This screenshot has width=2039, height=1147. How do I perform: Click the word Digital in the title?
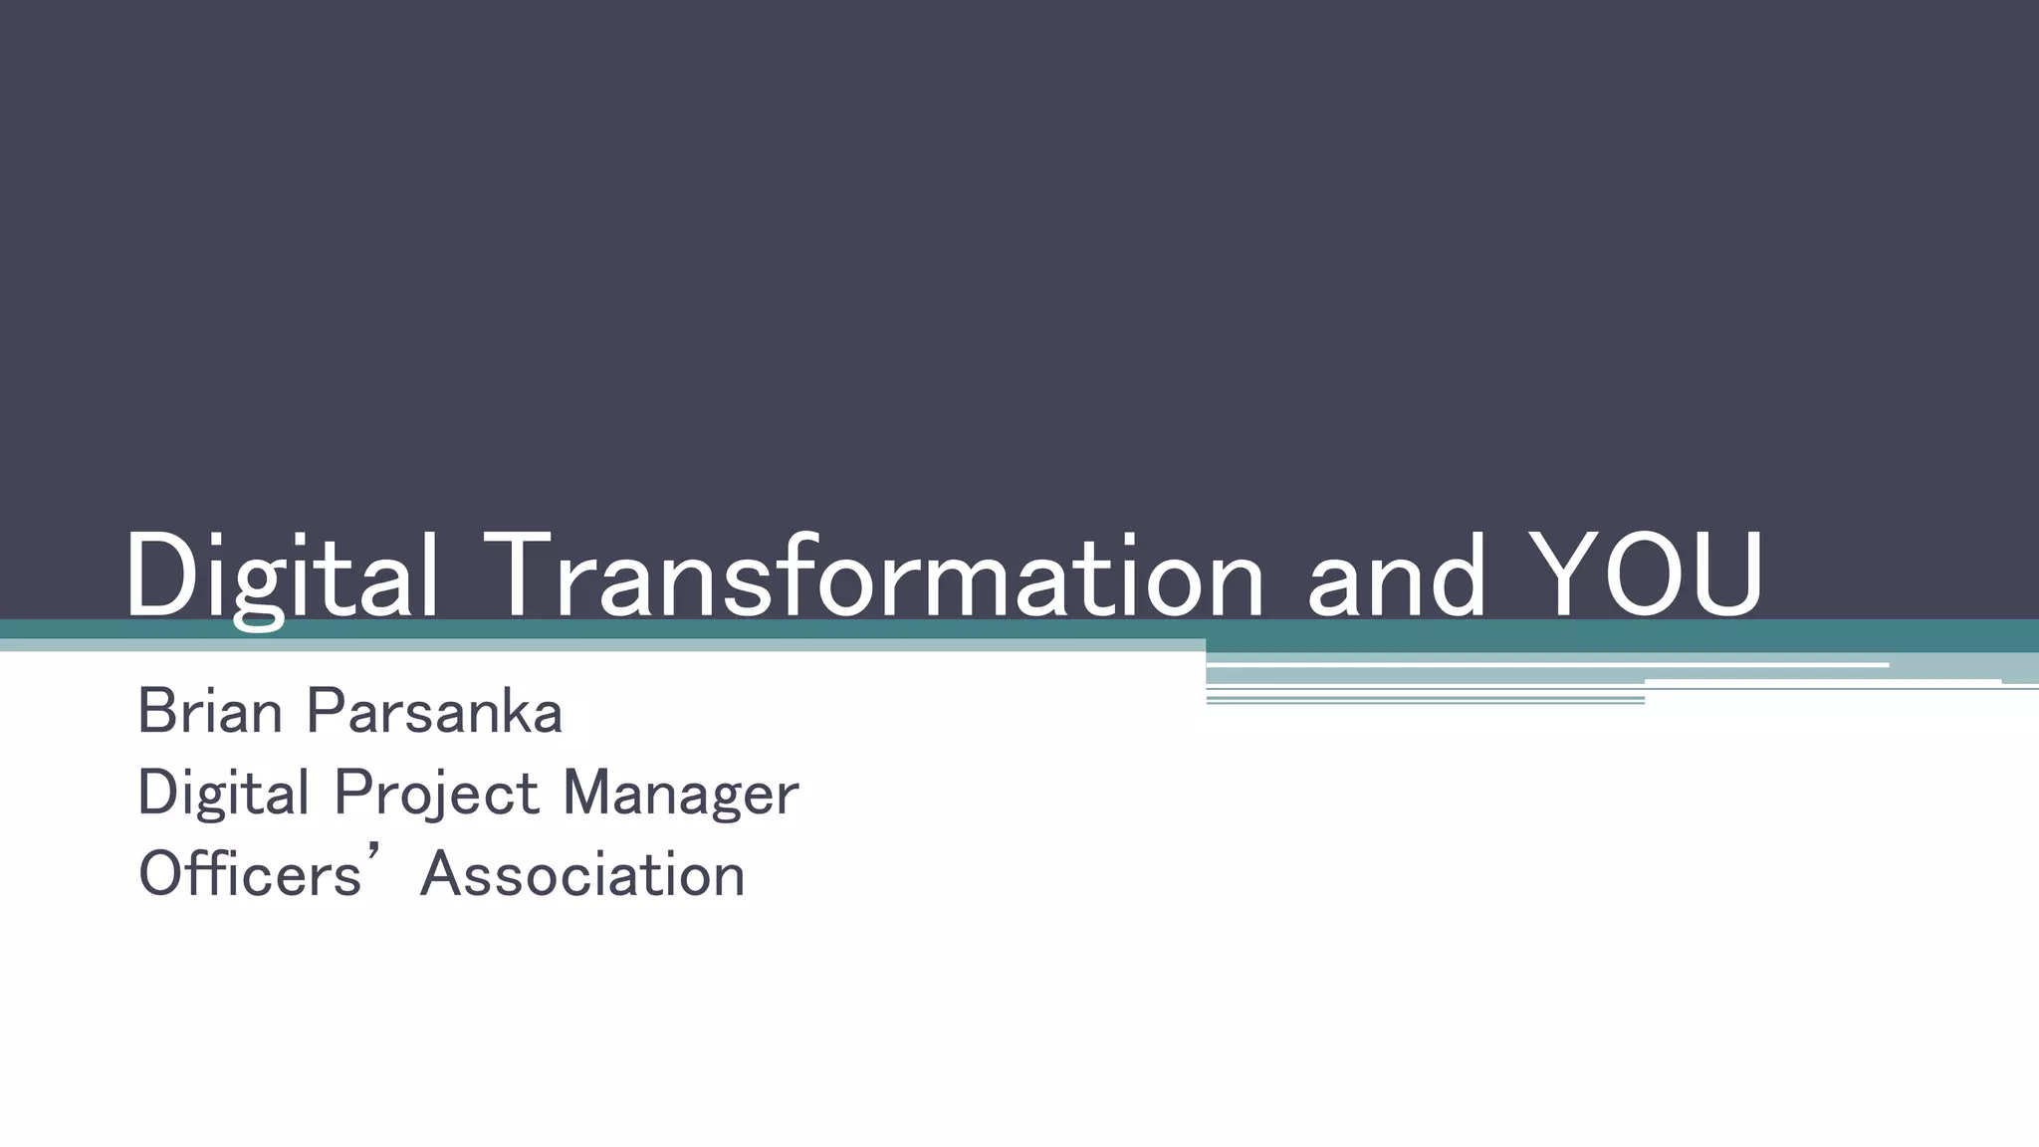(x=281, y=577)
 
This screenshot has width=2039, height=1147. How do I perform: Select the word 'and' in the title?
(x=1396, y=577)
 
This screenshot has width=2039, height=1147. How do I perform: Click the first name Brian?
(x=210, y=712)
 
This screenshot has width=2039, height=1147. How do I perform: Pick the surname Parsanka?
(x=434, y=712)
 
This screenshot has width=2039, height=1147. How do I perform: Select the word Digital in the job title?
(x=224, y=794)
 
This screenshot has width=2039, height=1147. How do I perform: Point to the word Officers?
(x=250, y=875)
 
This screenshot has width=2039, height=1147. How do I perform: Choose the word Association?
(x=582, y=875)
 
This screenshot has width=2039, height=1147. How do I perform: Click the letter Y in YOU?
(x=1562, y=575)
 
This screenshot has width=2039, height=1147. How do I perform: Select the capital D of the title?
(x=159, y=575)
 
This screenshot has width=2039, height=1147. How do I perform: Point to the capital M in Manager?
(x=587, y=794)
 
